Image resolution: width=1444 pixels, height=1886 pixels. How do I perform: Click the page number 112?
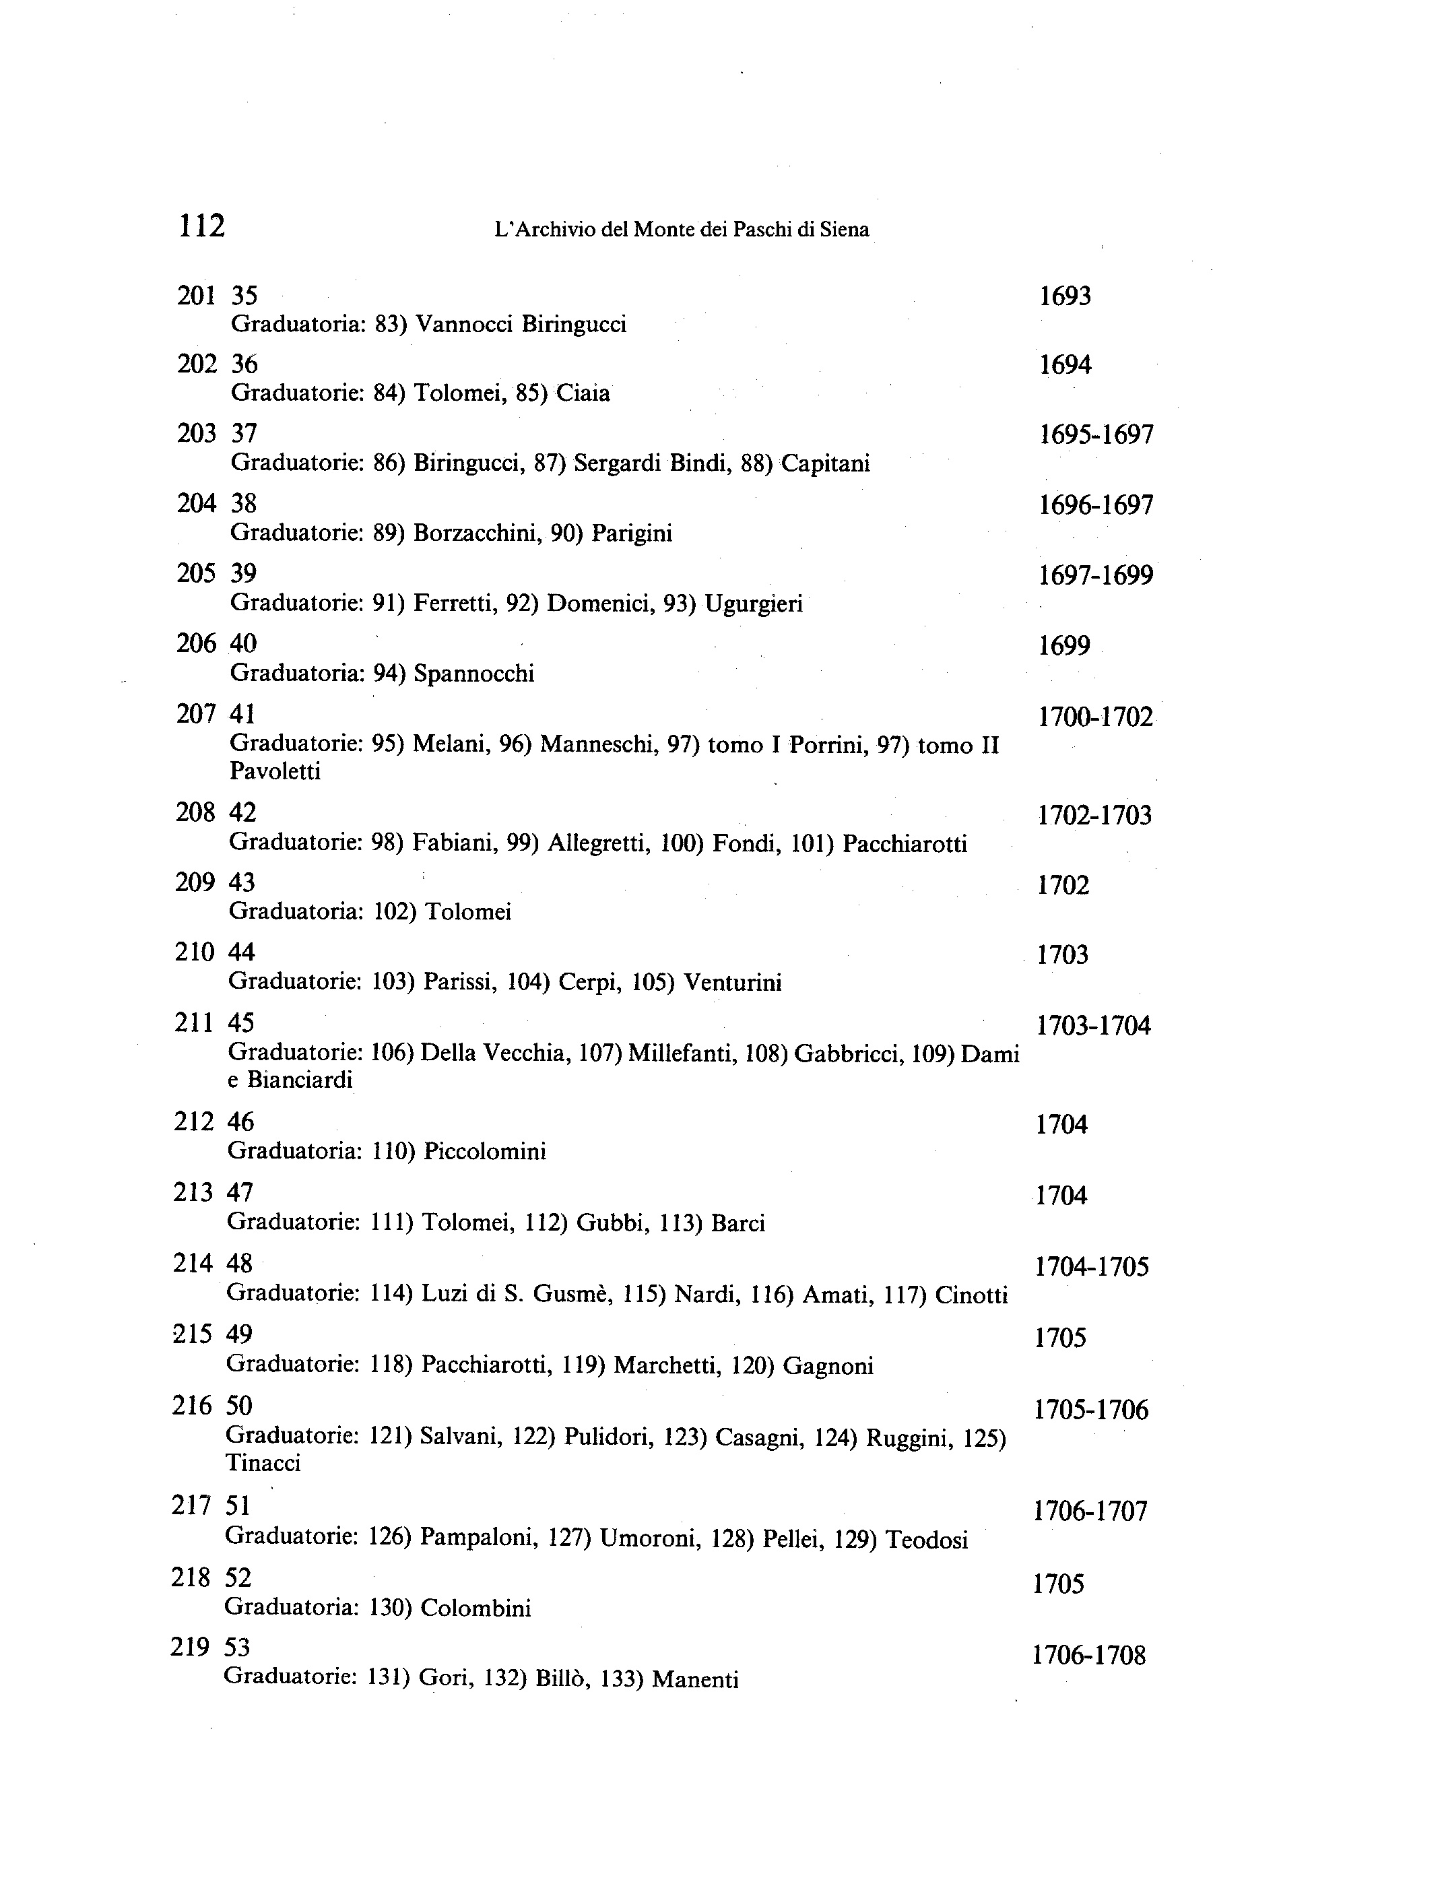pyautogui.click(x=201, y=226)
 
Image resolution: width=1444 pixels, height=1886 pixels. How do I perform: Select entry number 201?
pyautogui.click(x=196, y=296)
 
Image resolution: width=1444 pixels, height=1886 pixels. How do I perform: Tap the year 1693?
pyautogui.click(x=1065, y=296)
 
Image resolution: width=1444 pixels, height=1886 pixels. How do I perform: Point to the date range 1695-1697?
pyautogui.click(x=1096, y=435)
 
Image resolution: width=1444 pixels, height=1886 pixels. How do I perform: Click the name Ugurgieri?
pyautogui.click(x=753, y=604)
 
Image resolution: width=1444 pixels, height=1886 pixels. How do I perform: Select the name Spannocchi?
pyautogui.click(x=473, y=674)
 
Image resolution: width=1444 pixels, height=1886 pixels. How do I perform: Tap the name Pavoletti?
pyautogui.click(x=275, y=771)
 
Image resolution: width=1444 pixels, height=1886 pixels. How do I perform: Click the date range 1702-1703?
pyautogui.click(x=1094, y=816)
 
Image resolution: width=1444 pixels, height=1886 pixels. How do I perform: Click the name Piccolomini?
pyautogui.click(x=485, y=1151)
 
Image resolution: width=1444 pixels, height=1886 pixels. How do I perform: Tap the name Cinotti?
pyautogui.click(x=971, y=1295)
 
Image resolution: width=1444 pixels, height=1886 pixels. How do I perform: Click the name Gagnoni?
pyautogui.click(x=828, y=1366)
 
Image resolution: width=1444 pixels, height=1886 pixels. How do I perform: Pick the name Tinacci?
pyautogui.click(x=263, y=1463)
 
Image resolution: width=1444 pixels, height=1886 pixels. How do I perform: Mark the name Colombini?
pyautogui.click(x=475, y=1608)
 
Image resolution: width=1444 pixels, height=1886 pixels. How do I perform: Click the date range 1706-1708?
pyautogui.click(x=1089, y=1655)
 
